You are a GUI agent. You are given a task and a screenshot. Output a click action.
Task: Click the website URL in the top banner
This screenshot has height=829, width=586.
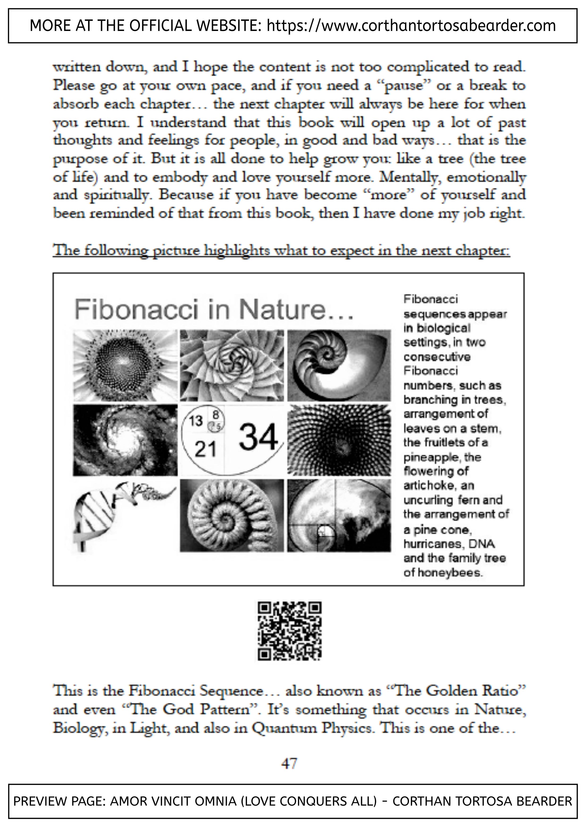(x=411, y=26)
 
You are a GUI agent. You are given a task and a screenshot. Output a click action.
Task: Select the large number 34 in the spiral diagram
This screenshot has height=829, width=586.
(x=259, y=437)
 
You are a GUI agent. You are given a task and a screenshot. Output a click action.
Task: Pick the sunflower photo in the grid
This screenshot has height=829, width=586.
(x=125, y=365)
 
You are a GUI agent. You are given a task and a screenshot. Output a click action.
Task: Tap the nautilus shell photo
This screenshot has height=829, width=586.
(x=339, y=365)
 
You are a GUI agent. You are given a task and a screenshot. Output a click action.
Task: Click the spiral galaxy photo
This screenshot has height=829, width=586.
(x=125, y=440)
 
